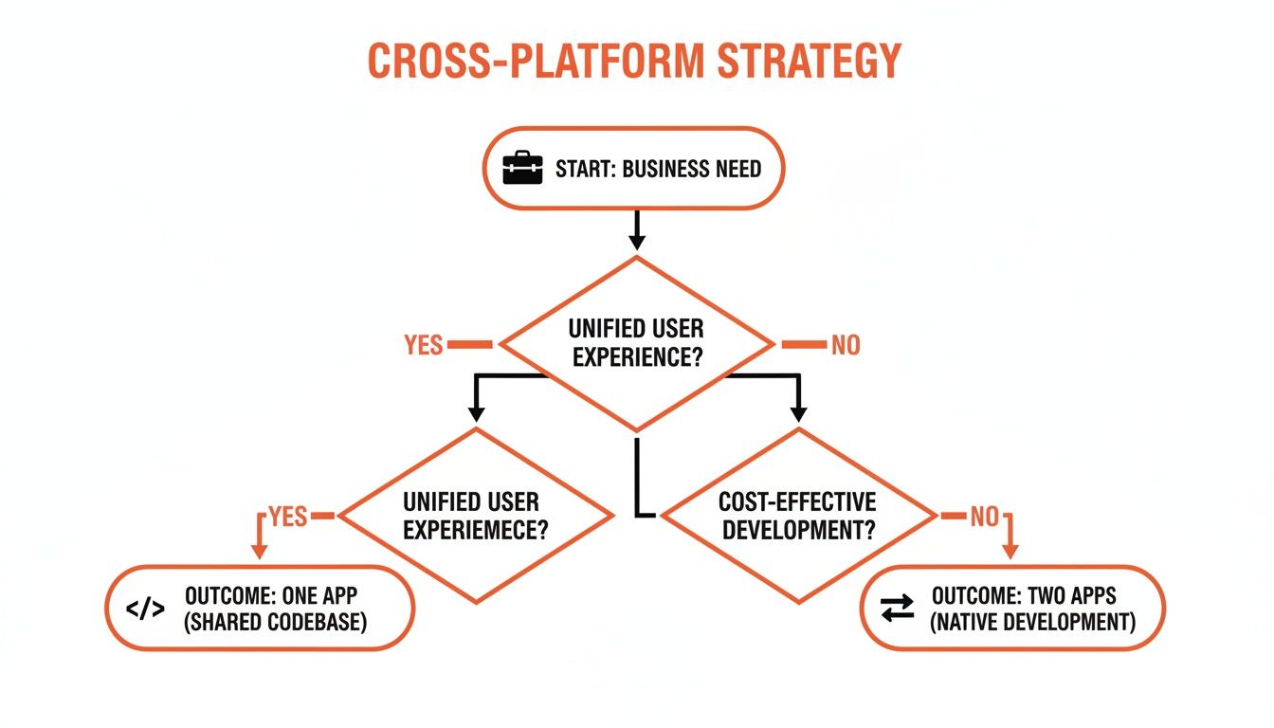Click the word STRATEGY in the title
point(808,61)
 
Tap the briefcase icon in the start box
point(522,169)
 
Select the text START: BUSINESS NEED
point(658,170)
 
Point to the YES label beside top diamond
point(424,345)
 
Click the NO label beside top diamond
point(846,345)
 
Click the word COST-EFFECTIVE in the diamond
point(797,501)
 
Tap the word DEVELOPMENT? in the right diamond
point(797,530)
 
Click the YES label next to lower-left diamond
point(288,516)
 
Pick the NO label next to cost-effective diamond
point(984,517)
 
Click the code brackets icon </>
point(145,609)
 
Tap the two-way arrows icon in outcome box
point(897,609)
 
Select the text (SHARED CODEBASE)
point(276,623)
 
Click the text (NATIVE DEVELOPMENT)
point(1031,623)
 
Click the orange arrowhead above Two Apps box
point(1010,550)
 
